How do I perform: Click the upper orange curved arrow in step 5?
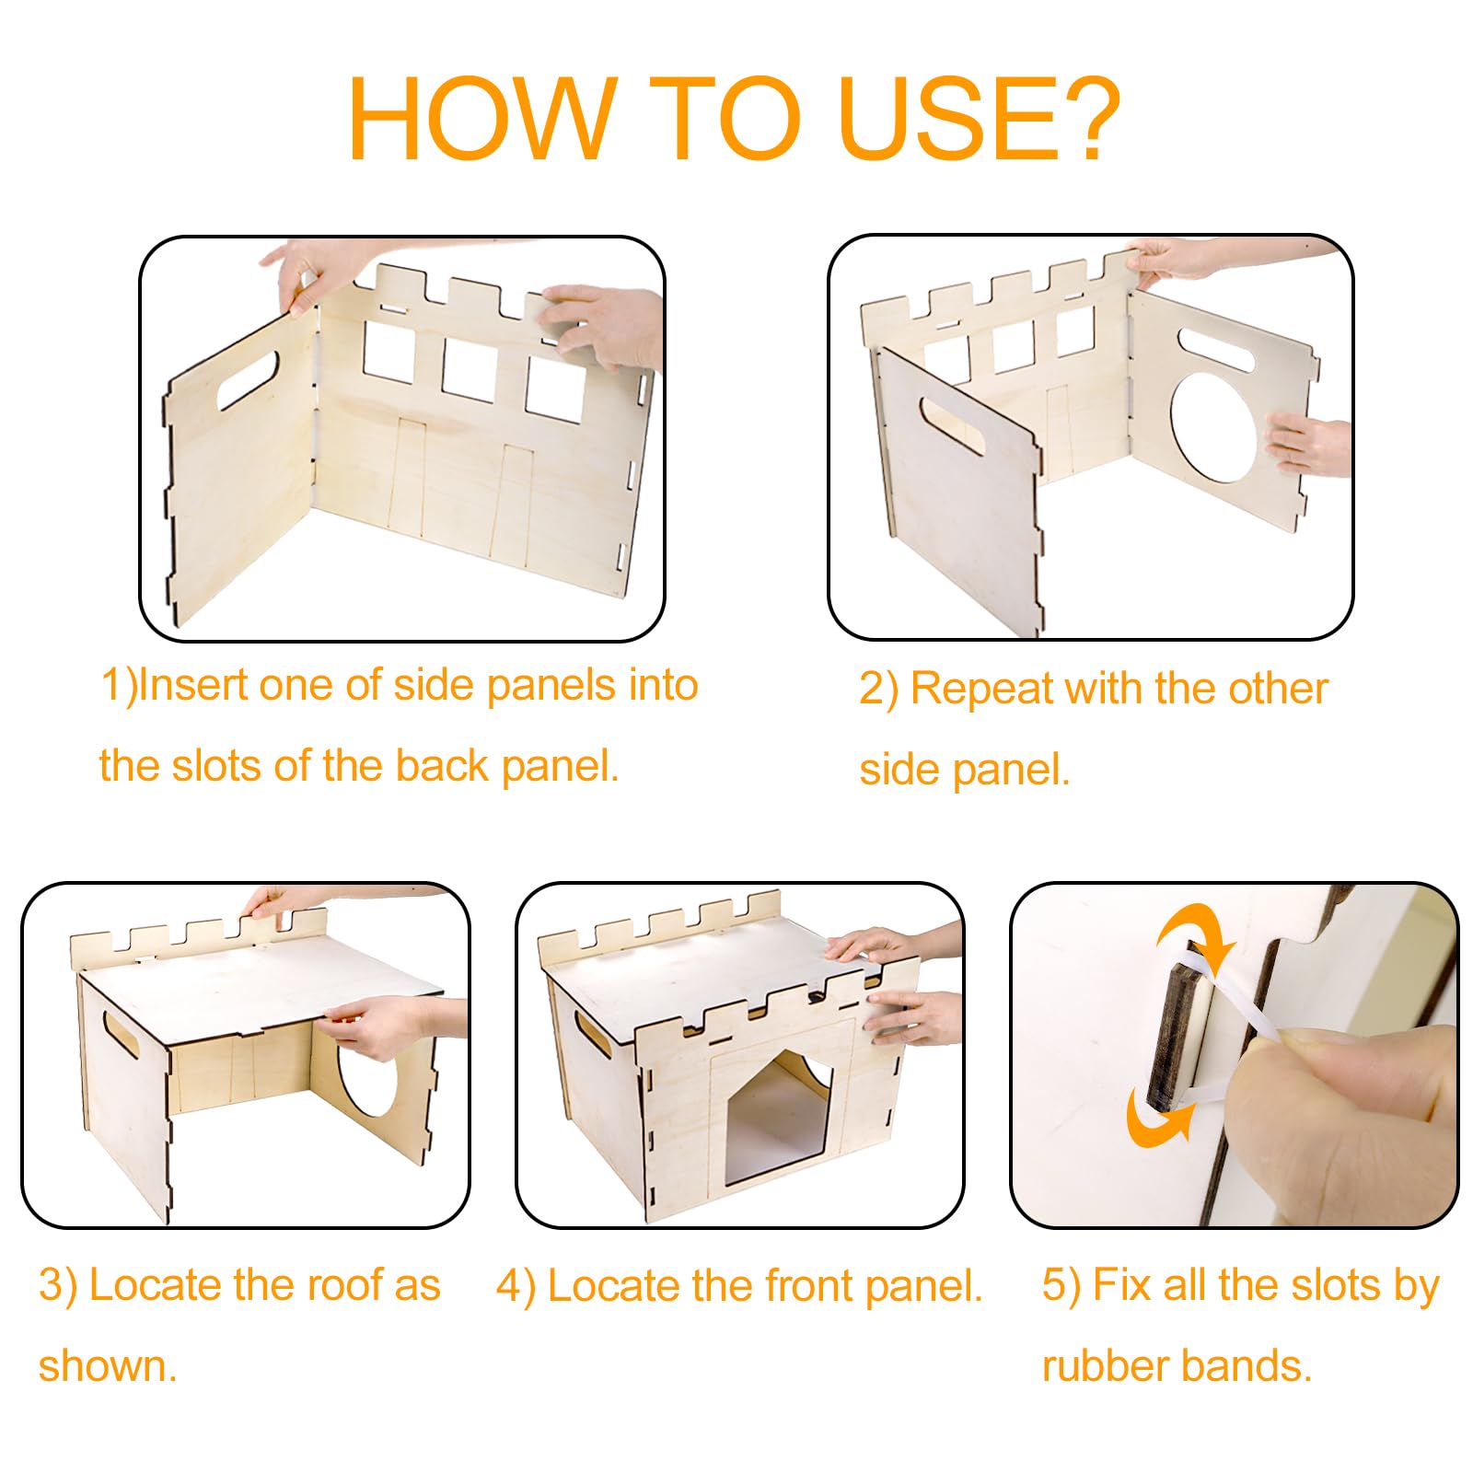pyautogui.click(x=1194, y=934)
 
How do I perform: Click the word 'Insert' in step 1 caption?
pyautogui.click(x=192, y=685)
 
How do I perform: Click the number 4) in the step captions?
pyautogui.click(x=516, y=1287)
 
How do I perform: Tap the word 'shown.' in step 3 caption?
pyautogui.click(x=108, y=1366)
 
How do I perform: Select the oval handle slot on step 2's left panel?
pyautogui.click(x=952, y=425)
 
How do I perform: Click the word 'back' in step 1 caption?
pyautogui.click(x=442, y=766)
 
